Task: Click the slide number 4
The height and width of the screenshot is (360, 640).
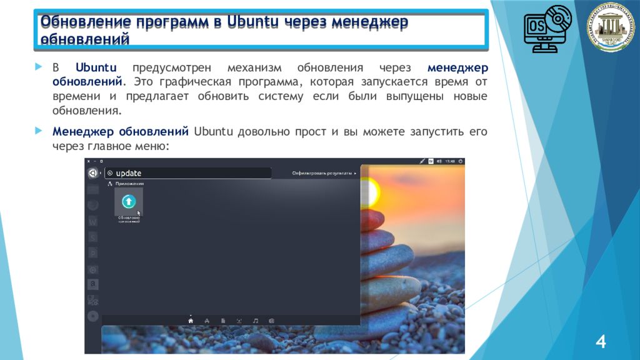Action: tap(601, 342)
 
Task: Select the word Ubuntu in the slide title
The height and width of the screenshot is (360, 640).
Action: tap(252, 22)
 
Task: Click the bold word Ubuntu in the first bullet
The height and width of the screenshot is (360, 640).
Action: tap(96, 67)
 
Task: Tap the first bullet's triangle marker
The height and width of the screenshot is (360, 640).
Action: tap(39, 66)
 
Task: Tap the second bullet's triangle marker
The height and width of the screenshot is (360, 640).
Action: tap(39, 131)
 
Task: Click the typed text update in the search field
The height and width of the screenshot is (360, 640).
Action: tap(129, 173)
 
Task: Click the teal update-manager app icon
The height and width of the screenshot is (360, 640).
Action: tap(129, 201)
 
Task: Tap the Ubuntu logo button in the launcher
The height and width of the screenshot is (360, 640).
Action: tap(92, 173)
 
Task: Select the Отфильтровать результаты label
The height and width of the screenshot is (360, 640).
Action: tap(323, 173)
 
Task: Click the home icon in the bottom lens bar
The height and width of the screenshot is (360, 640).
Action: tap(191, 321)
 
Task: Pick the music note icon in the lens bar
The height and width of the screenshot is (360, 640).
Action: tap(256, 321)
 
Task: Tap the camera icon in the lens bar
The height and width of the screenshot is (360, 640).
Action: tap(272, 321)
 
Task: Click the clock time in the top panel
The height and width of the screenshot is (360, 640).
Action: tap(449, 161)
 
